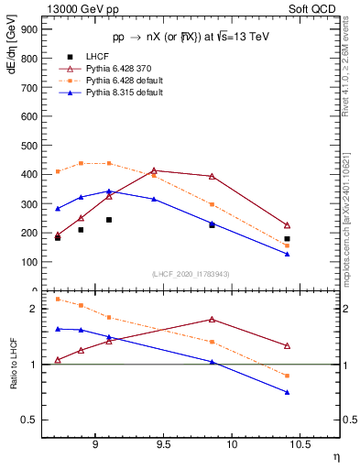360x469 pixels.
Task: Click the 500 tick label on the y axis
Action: coord(29,145)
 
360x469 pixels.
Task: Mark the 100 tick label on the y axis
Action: coord(29,262)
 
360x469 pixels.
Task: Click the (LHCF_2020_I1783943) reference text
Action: coord(191,274)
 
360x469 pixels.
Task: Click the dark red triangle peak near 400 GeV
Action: coord(154,170)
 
